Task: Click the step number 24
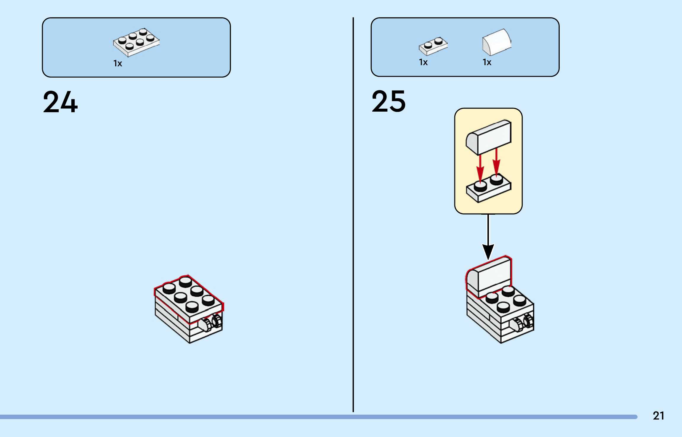coord(60,102)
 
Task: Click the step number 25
coord(389,102)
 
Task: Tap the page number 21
coord(658,416)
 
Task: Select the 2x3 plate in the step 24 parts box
coord(136,42)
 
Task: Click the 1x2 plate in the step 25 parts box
coord(433,46)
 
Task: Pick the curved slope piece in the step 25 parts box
coord(497,42)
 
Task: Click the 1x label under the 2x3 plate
coord(118,63)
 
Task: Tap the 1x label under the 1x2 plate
coord(423,62)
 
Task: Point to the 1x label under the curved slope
coord(487,62)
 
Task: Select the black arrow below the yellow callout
coord(488,237)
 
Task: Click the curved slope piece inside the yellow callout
coord(489,137)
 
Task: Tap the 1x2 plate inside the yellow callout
coord(489,189)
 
